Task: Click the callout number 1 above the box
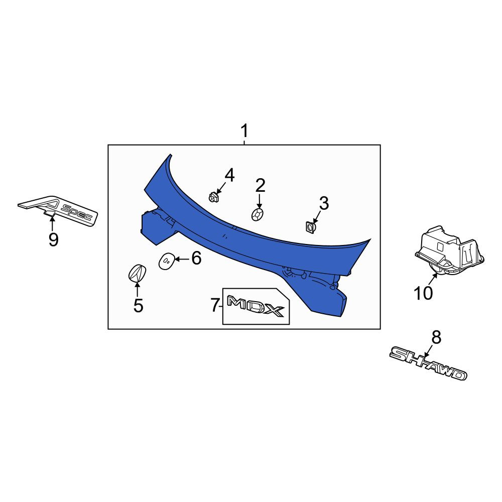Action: [244, 132]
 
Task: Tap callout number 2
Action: [260, 186]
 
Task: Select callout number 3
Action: [324, 203]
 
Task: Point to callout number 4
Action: [229, 176]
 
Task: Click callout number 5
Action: [138, 305]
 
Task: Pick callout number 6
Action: [196, 258]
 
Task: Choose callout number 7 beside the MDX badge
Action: [215, 305]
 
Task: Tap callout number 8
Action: [436, 337]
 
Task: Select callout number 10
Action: [423, 293]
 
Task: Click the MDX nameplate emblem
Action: [256, 306]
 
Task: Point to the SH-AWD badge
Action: [428, 363]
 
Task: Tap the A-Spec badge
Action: [58, 210]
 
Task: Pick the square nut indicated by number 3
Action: [310, 227]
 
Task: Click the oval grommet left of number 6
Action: [167, 261]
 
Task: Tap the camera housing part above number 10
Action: [449, 252]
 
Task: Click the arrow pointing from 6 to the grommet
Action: [182, 259]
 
